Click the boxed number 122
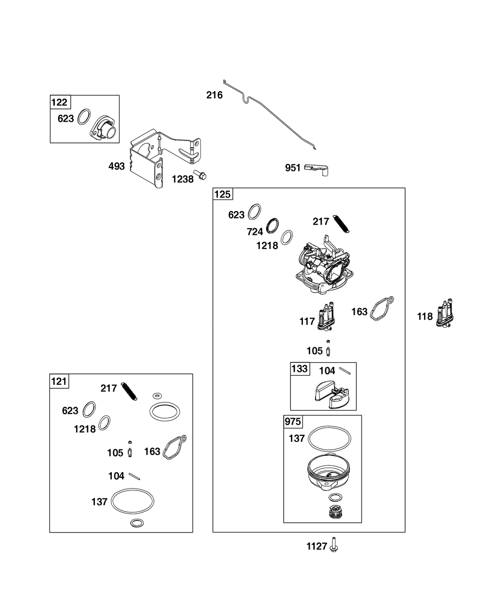coord(60,102)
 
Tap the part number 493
coord(116,167)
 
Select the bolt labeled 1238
coord(200,175)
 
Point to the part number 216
coord(214,95)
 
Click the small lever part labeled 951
coord(316,169)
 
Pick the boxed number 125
coord(222,195)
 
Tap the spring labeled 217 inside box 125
coord(341,224)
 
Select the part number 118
coord(424,317)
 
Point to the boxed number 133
coord(300,369)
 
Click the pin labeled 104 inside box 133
coord(345,371)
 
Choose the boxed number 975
coord(293,422)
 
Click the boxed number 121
coord(59,382)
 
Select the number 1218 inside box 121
coord(85,429)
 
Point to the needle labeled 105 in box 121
coord(130,449)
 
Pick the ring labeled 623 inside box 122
coord(84,117)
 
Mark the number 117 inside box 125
coord(307,321)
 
